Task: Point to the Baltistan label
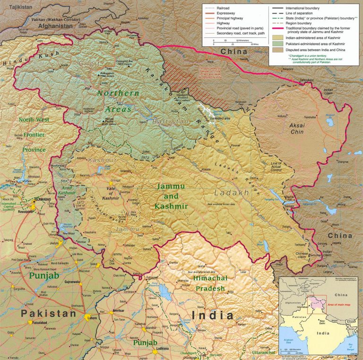point(171,121)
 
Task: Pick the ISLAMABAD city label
point(41,200)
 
